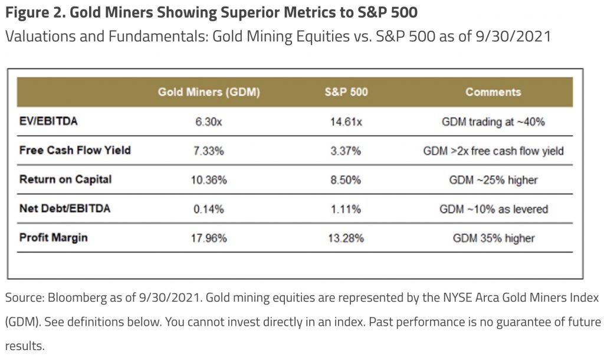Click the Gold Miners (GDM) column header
pos(209,92)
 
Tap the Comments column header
pos(493,92)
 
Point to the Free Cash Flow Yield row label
pos(75,150)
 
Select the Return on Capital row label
pos(65,179)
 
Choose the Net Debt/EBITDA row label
pos(64,208)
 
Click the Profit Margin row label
pos(54,237)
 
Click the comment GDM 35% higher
pos(493,238)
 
